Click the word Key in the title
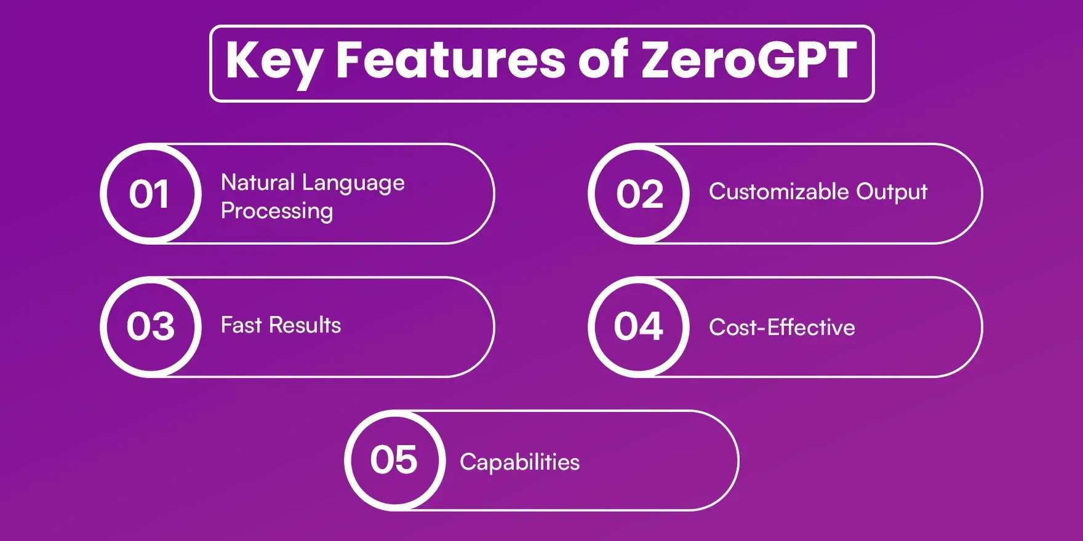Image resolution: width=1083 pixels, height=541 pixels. click(x=273, y=61)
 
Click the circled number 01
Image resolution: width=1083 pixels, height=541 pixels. click(x=150, y=194)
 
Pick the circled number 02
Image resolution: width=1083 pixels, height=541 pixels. click(x=639, y=194)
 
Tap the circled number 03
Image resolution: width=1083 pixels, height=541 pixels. click(x=151, y=326)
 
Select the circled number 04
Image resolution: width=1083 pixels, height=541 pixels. click(x=638, y=326)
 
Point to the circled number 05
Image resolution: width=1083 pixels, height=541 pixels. click(x=394, y=460)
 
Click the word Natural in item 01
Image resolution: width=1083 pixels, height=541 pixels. click(x=258, y=183)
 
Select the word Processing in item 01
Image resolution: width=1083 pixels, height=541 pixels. click(x=277, y=211)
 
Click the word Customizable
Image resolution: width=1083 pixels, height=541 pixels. click(x=778, y=192)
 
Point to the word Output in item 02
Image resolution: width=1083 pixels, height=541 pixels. click(x=892, y=192)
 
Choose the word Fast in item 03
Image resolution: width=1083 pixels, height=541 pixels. click(x=241, y=325)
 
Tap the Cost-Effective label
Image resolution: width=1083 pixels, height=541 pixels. click(x=781, y=327)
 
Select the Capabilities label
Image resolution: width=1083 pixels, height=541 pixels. click(x=519, y=462)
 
